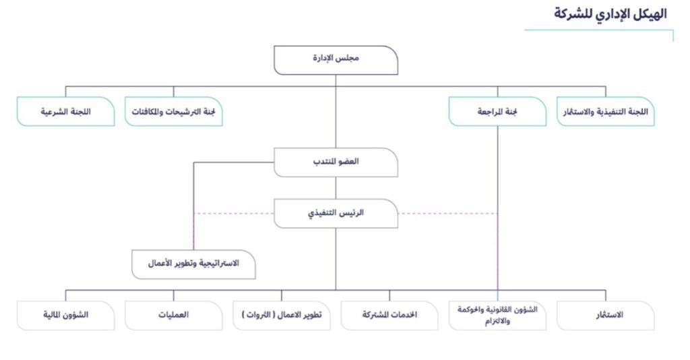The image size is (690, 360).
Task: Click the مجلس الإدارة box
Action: pyautogui.click(x=336, y=60)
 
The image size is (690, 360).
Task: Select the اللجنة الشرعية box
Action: pyautogui.click(x=65, y=111)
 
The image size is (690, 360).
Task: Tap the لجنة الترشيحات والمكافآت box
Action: pyautogui.click(x=173, y=111)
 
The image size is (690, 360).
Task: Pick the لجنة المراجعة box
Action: pyautogui.click(x=497, y=111)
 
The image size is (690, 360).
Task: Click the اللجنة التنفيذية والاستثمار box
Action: pyautogui.click(x=606, y=111)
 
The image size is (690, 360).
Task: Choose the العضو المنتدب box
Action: pyautogui.click(x=336, y=162)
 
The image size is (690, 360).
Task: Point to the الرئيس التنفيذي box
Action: pyautogui.click(x=336, y=214)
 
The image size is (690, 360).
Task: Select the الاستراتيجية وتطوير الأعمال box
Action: pyautogui.click(x=193, y=264)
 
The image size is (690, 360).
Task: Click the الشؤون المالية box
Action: pyautogui.click(x=65, y=316)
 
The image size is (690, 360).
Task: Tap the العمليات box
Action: pyautogui.click(x=173, y=316)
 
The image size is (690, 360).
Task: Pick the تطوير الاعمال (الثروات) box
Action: pyautogui.click(x=282, y=316)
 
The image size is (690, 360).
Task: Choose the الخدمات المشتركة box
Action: pyautogui.click(x=389, y=316)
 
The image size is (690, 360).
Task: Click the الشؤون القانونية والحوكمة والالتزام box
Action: pyautogui.click(x=497, y=316)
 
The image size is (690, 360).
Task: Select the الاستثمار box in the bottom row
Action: pyautogui.click(x=606, y=316)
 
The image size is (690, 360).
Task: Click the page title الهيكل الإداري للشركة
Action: pyautogui.click(x=610, y=14)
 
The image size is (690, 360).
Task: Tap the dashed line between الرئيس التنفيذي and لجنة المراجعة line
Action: pyautogui.click(x=448, y=214)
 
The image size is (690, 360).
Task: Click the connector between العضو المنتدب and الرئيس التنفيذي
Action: pyautogui.click(x=336, y=188)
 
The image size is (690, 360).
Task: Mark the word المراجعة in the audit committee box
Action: pyautogui.click(x=490, y=112)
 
